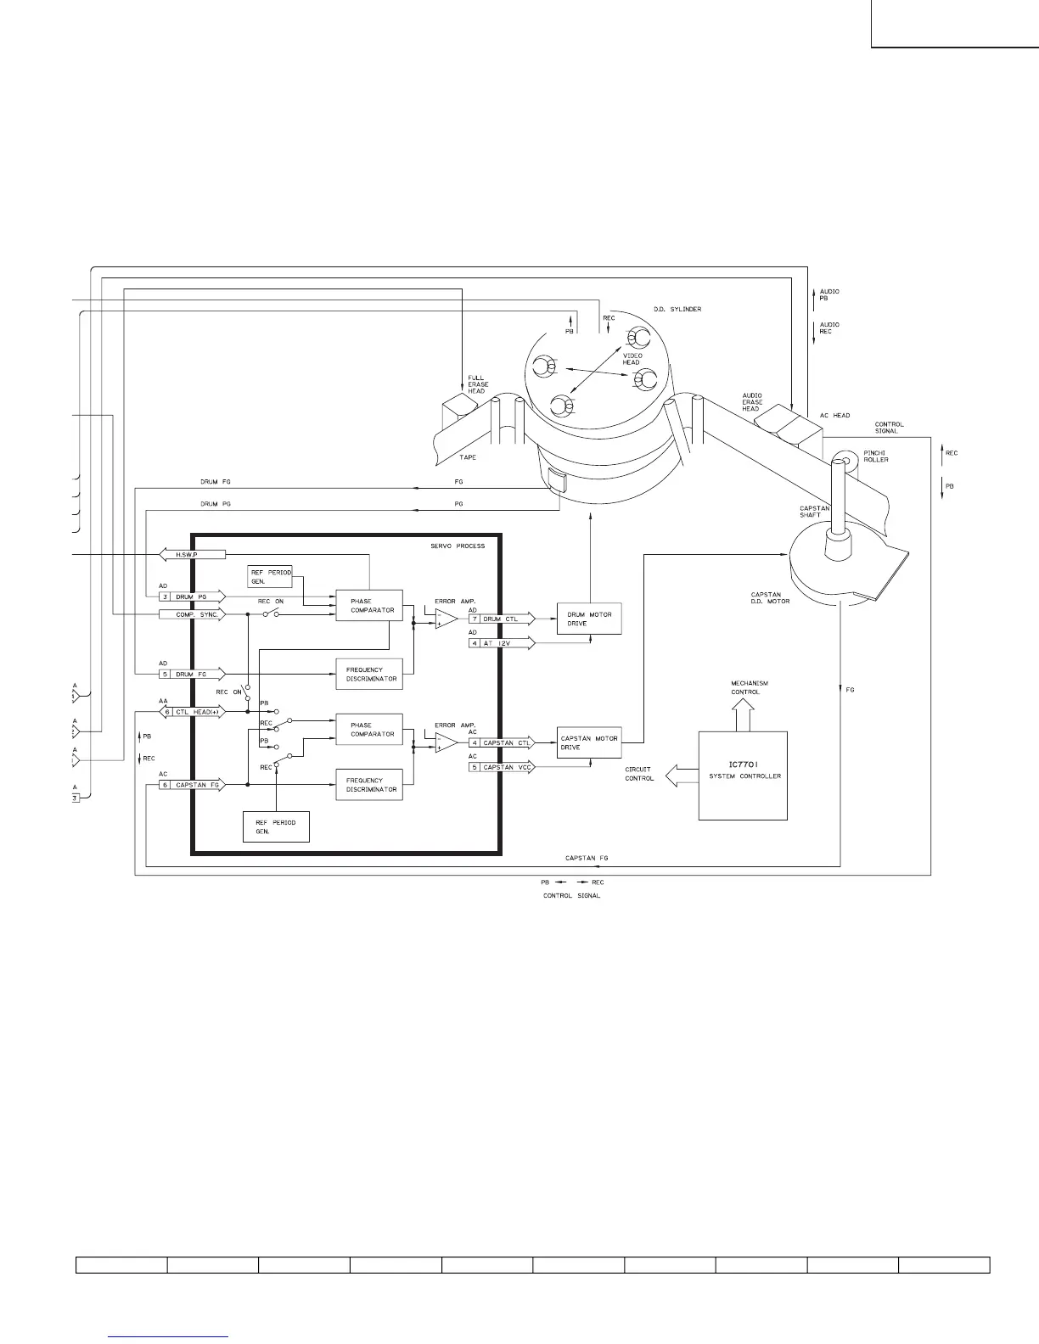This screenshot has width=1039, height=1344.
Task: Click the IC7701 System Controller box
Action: click(x=743, y=776)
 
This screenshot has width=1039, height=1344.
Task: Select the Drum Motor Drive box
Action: click(x=589, y=619)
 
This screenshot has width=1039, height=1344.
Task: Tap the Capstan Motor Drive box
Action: click(x=589, y=742)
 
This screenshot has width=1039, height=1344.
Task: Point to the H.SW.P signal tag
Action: click(x=192, y=555)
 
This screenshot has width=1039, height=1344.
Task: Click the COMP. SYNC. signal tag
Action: click(x=192, y=614)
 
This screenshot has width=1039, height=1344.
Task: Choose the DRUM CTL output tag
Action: click(x=502, y=619)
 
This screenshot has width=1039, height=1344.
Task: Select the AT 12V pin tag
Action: click(x=502, y=643)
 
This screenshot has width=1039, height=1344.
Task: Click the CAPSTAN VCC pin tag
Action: click(x=502, y=767)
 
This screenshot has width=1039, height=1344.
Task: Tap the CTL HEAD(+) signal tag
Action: click(x=192, y=712)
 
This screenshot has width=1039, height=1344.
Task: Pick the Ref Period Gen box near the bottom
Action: click(x=276, y=826)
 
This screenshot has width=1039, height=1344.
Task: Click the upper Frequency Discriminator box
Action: click(x=369, y=674)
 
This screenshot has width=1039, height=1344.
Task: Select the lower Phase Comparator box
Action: click(x=369, y=730)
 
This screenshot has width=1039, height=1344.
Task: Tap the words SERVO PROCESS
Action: click(x=458, y=546)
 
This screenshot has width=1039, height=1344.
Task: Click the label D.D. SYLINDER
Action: click(x=677, y=309)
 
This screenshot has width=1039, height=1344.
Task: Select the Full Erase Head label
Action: click(x=478, y=384)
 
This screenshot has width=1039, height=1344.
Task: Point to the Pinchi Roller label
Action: click(x=876, y=456)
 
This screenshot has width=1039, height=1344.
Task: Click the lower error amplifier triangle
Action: click(x=446, y=743)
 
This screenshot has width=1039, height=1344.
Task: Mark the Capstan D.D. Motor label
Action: click(x=771, y=597)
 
